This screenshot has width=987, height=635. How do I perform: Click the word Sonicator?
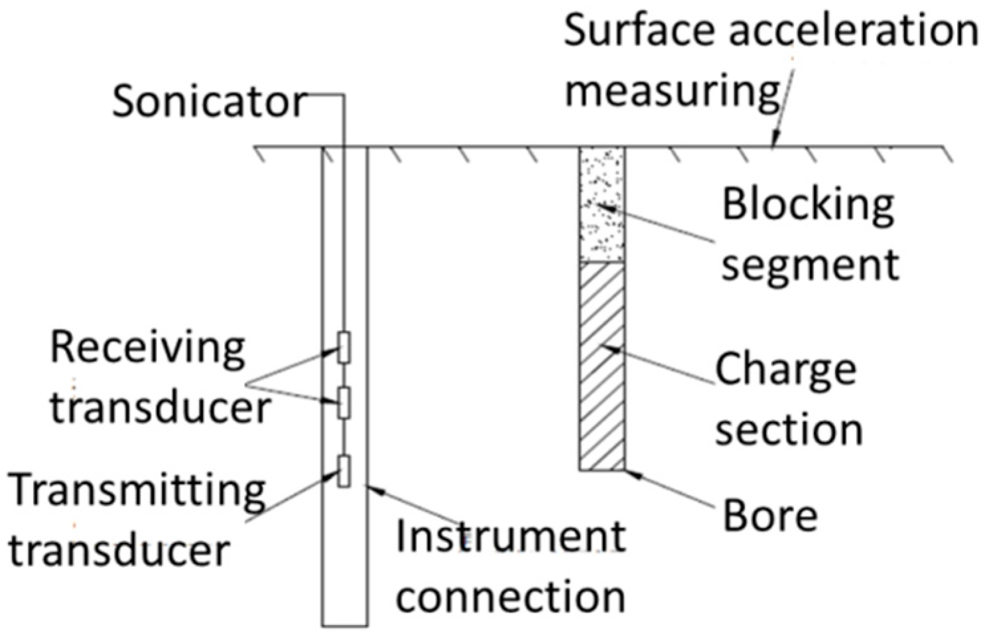point(209,103)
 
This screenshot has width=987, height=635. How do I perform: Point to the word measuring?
point(672,91)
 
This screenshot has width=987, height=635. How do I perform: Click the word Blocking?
point(808,204)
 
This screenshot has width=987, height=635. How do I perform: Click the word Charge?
point(785,368)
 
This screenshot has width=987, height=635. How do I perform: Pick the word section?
point(789,429)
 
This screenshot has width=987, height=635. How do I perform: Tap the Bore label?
point(769,516)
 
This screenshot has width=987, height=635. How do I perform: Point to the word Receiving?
point(147,347)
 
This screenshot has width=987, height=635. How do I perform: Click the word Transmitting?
point(137,490)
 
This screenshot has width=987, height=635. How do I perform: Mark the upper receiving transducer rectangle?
point(344,347)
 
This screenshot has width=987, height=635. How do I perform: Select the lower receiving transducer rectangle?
point(344,402)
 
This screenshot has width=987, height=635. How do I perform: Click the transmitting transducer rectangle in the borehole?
point(344,472)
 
